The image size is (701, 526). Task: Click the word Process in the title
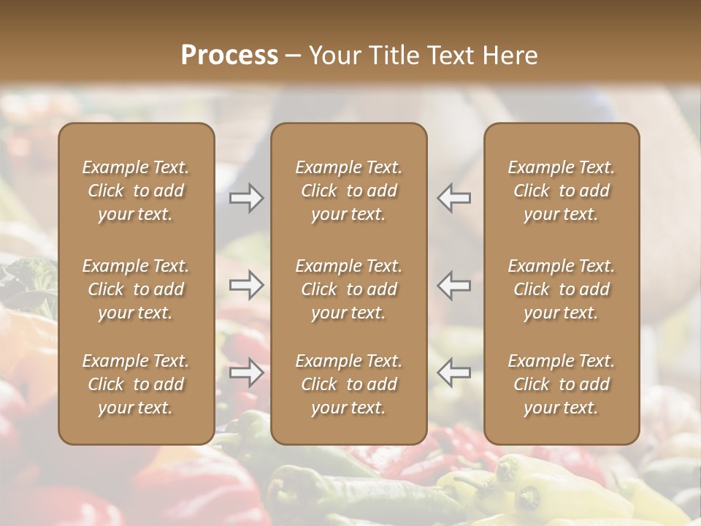(229, 56)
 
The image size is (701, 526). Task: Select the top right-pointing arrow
(247, 198)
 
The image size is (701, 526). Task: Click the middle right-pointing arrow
(247, 285)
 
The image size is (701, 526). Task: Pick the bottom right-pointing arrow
(247, 373)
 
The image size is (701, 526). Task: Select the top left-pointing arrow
(454, 198)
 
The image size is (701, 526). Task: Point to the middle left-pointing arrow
(454, 285)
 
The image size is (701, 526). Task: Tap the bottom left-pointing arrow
(454, 373)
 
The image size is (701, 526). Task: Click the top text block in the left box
(136, 191)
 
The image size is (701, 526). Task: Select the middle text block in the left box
(136, 289)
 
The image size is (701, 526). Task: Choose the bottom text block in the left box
(136, 384)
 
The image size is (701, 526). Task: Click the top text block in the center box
(349, 191)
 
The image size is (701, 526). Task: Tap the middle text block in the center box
(349, 289)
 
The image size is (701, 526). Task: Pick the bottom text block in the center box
(349, 384)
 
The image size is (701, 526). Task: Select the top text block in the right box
(562, 191)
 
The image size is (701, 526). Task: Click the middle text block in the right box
(562, 289)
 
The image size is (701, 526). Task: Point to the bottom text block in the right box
(562, 384)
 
